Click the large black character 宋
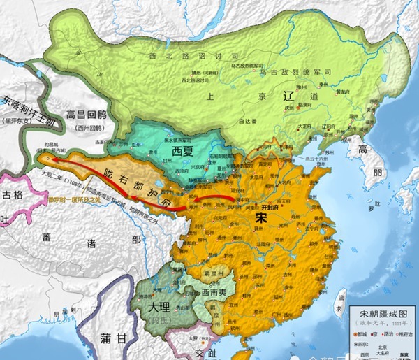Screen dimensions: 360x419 pos(255,218)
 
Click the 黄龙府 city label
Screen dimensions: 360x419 pos(344,92)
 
